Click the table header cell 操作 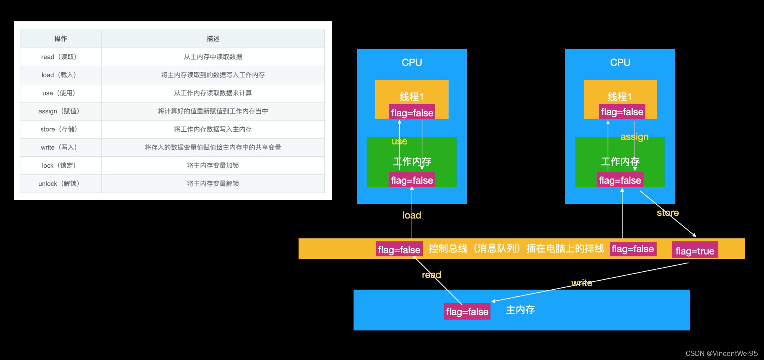coord(61,39)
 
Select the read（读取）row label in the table coord(59,57)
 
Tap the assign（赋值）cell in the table coord(59,111)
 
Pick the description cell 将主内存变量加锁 coord(213,165)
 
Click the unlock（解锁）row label coord(59,184)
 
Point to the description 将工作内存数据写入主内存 coord(213,129)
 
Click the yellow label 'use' coord(399,141)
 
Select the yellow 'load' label coord(412,215)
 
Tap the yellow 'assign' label coord(635,137)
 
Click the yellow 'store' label coord(667,213)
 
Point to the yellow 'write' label coord(582,283)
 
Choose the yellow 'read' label coord(431,275)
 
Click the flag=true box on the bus coord(695,251)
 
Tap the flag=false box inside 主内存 coord(467,312)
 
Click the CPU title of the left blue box coord(412,62)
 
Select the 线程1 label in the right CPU coord(620,97)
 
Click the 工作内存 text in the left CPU coord(412,162)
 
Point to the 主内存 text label coord(520,310)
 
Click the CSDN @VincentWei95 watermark coord(721,353)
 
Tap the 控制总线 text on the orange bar coord(448,248)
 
